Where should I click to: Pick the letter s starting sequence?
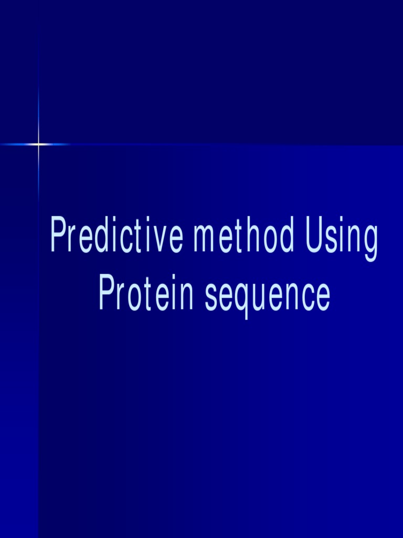click(211, 298)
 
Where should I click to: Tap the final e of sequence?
click(323, 298)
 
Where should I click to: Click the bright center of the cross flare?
click(38, 144)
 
